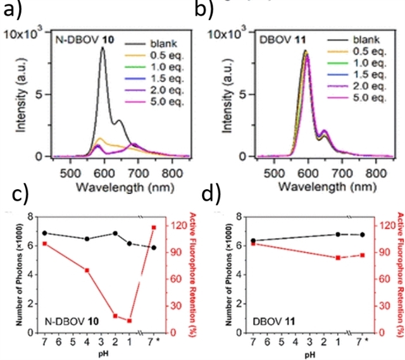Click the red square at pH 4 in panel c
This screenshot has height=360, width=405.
click(x=87, y=270)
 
